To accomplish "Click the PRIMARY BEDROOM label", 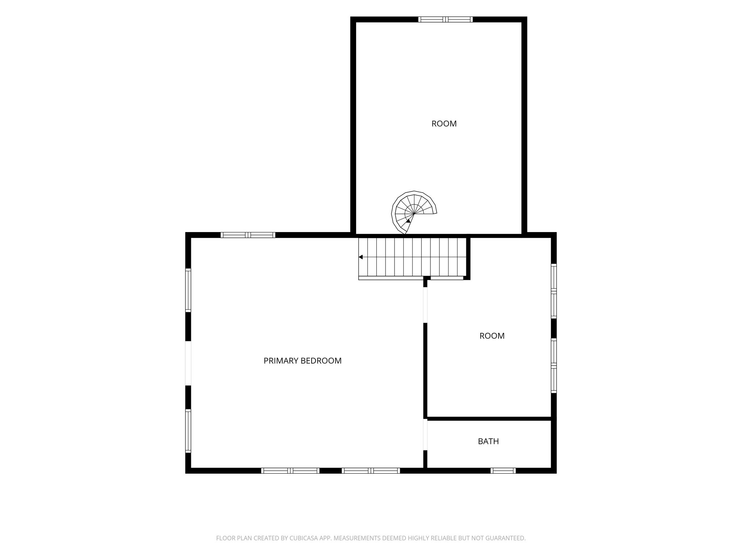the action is (303, 361).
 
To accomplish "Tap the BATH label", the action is (488, 441).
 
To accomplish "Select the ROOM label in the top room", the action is (444, 124).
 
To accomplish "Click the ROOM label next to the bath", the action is (492, 336).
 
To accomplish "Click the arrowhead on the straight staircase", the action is (360, 257).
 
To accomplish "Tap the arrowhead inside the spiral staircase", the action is (408, 220).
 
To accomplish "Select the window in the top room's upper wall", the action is (445, 20).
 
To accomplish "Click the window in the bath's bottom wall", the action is (503, 471).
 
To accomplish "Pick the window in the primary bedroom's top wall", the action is (248, 235).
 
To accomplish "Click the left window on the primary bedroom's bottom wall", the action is (290, 471).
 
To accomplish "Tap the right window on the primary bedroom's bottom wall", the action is (371, 471).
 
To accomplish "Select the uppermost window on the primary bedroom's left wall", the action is (188, 290).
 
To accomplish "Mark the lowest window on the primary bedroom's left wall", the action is (188, 431).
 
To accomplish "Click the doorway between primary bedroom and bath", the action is (425, 434).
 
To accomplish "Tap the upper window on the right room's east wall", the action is (554, 291).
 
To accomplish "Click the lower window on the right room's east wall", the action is (554, 366).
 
